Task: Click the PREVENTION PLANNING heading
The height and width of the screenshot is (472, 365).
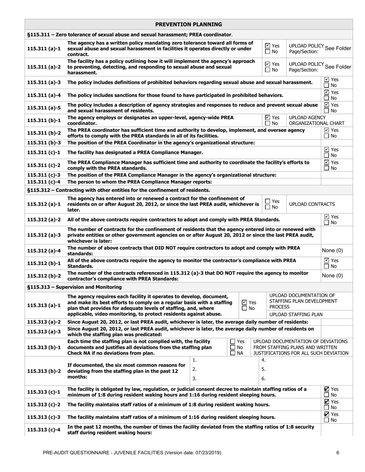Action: pyautogui.click(x=189, y=25)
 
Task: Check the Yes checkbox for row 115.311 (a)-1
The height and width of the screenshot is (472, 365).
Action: pyautogui.click(x=268, y=45)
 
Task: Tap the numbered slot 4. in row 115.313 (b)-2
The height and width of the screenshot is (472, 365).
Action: pyautogui.click(x=264, y=360)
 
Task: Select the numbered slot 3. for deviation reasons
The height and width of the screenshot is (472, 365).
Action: pyautogui.click(x=195, y=378)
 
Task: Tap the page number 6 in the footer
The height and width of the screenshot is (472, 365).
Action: pyautogui.click(x=337, y=453)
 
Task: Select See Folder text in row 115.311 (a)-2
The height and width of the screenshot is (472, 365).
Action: pyautogui.click(x=338, y=67)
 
